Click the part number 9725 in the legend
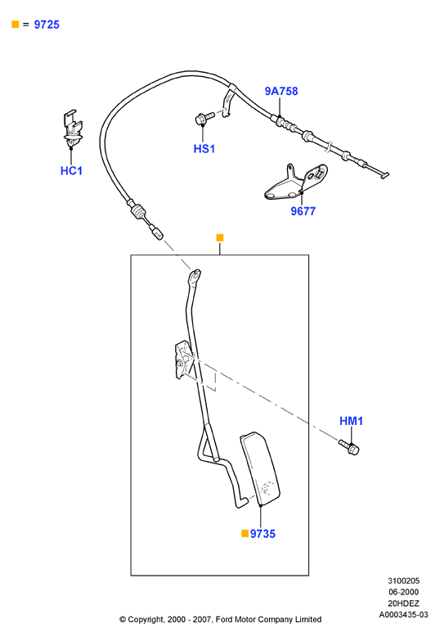click(x=47, y=25)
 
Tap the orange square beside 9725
click(x=16, y=25)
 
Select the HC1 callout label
click(x=71, y=170)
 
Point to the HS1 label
click(x=204, y=149)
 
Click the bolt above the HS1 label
click(x=204, y=118)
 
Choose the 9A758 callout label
click(x=281, y=91)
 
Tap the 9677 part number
click(x=303, y=211)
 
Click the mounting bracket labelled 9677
click(x=295, y=183)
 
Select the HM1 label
click(x=351, y=421)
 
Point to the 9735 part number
click(x=263, y=534)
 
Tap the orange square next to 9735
click(x=245, y=533)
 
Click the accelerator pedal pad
click(x=260, y=468)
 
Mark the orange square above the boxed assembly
click(x=220, y=237)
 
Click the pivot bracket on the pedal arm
click(x=184, y=360)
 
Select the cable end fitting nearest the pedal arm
click(x=157, y=233)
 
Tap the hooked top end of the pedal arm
click(x=195, y=274)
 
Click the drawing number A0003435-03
click(x=403, y=615)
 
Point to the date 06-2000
click(x=403, y=592)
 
